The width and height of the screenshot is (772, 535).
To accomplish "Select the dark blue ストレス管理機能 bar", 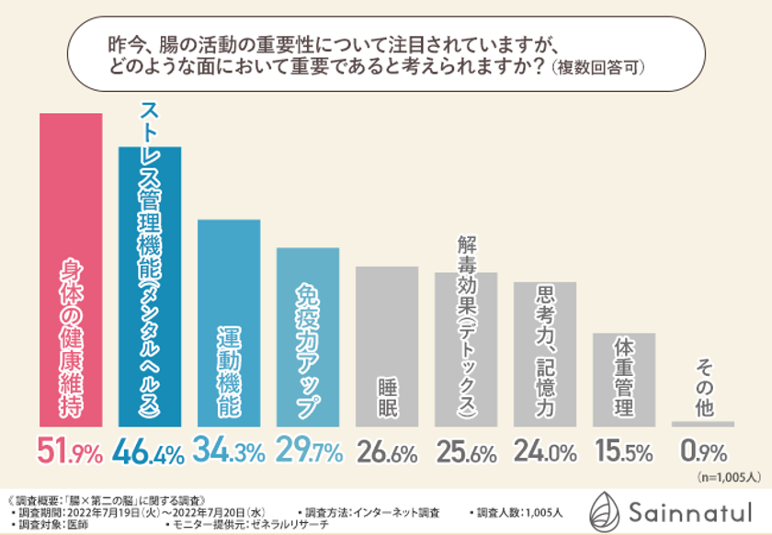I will (x=150, y=285).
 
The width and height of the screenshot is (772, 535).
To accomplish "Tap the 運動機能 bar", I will (x=229, y=322).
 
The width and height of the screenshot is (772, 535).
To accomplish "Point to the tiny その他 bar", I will (x=703, y=424).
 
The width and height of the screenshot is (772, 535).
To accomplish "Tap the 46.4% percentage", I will (x=150, y=451).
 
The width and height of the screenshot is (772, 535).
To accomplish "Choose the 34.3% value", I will (x=229, y=451).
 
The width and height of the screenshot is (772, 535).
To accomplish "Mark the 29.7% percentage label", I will (x=308, y=451).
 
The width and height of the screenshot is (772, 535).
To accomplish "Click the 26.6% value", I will (x=387, y=452).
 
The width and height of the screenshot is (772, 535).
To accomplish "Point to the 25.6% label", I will (x=466, y=452).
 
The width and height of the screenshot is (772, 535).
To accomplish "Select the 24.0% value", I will (x=545, y=452).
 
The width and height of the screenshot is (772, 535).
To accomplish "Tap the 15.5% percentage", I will (x=624, y=452).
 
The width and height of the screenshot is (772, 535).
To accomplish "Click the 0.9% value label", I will (x=703, y=452).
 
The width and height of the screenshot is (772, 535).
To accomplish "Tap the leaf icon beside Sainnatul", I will (x=606, y=507).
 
